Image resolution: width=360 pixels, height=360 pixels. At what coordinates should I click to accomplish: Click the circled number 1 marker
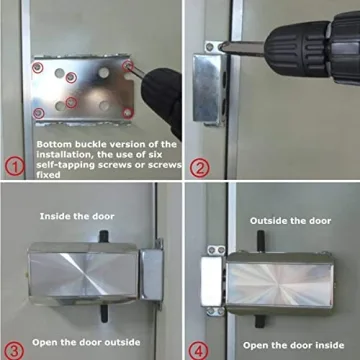coord(14,165)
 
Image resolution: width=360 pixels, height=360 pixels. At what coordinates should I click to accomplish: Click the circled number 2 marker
coord(200,167)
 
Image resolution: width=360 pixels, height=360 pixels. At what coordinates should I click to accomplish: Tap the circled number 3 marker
coord(13,349)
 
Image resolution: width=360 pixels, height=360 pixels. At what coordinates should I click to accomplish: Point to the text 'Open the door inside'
coord(283,345)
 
